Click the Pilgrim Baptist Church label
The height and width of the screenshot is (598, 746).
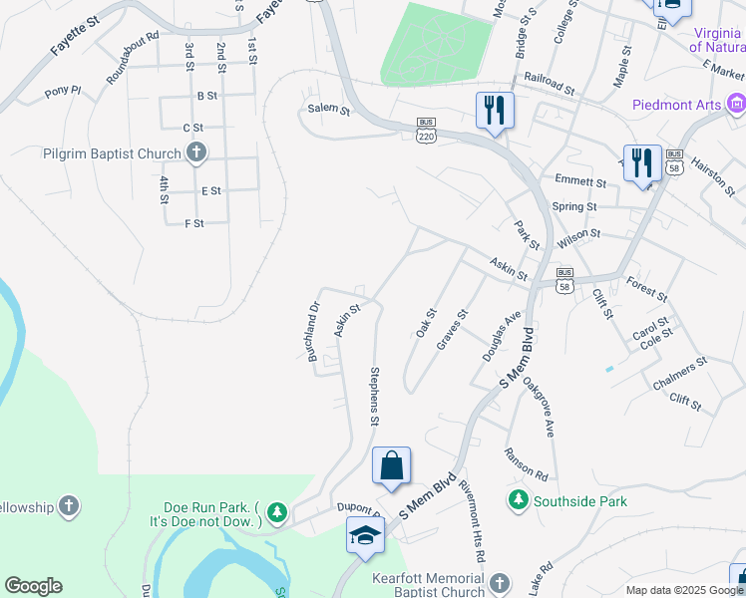coord(112,153)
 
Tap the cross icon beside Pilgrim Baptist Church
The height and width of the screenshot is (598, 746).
coord(196,153)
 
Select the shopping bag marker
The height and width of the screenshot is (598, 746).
coord(391,465)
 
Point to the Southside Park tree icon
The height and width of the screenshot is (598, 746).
coord(518,499)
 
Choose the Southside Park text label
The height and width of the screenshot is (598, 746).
coord(580,501)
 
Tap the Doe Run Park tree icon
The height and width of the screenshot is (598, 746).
coord(276,513)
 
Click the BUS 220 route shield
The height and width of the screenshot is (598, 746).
coord(427,131)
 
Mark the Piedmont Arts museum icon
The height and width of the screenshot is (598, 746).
coord(736,104)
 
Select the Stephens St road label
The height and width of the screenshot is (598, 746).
coord(375,396)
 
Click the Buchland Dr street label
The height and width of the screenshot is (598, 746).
coord(314,338)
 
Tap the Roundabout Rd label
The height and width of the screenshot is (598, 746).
coord(132,51)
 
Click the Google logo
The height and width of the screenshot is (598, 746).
coord(33,586)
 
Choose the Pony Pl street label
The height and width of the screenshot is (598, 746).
coord(63,93)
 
